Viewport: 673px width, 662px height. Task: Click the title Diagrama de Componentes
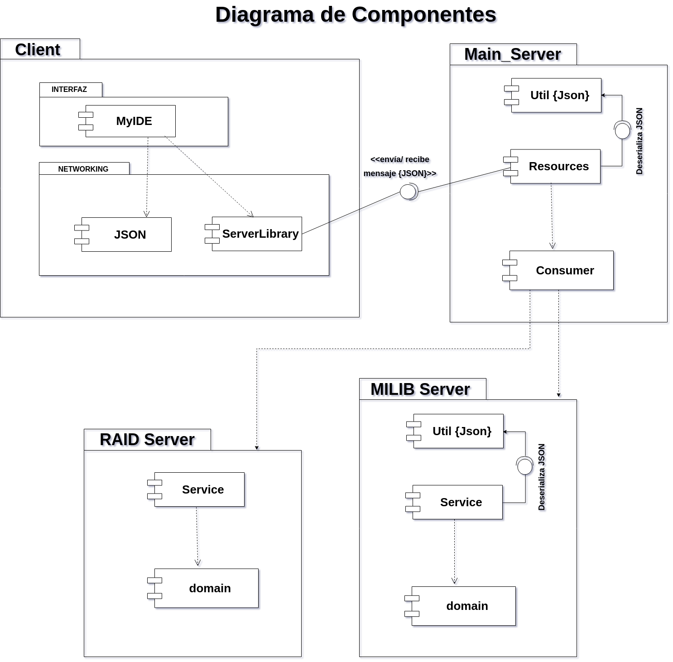(356, 14)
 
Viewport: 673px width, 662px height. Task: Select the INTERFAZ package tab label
(69, 90)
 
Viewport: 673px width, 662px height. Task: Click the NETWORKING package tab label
(83, 169)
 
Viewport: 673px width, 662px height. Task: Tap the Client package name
(38, 50)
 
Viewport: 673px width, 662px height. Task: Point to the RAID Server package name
(147, 440)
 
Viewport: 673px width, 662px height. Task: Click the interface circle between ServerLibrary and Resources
(408, 192)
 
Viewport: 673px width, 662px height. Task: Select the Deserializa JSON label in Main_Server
(639, 141)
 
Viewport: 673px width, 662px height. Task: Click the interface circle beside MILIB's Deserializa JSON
(525, 466)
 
